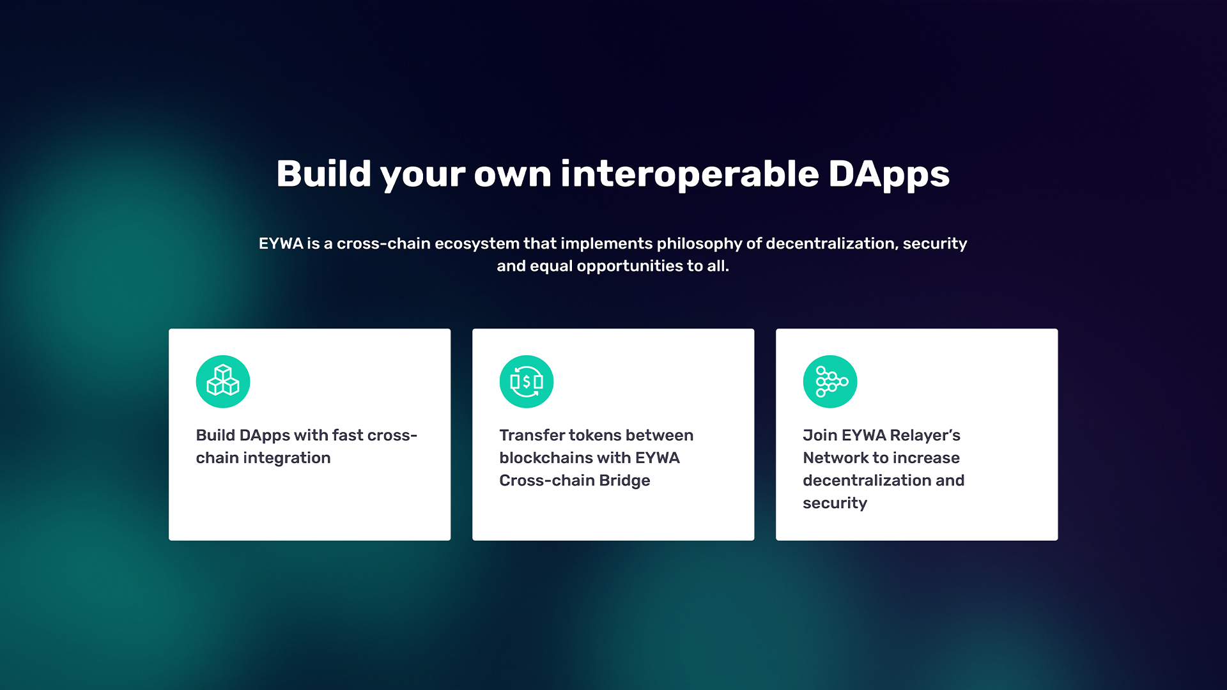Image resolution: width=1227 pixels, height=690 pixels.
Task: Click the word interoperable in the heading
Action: click(690, 174)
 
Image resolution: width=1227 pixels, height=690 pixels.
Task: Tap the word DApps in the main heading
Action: click(889, 174)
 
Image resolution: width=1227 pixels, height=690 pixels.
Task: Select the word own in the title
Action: click(513, 175)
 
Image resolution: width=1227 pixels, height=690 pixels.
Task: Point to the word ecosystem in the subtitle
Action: click(477, 244)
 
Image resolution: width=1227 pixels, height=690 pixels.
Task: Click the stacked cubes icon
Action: click(223, 381)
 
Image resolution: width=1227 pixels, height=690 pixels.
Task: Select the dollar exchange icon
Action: click(527, 381)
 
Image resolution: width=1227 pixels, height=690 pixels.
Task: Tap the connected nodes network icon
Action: click(830, 381)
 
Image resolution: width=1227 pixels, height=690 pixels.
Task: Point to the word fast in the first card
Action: click(348, 435)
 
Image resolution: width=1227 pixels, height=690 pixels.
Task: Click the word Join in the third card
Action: click(820, 435)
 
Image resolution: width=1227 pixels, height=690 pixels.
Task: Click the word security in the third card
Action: click(835, 503)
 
